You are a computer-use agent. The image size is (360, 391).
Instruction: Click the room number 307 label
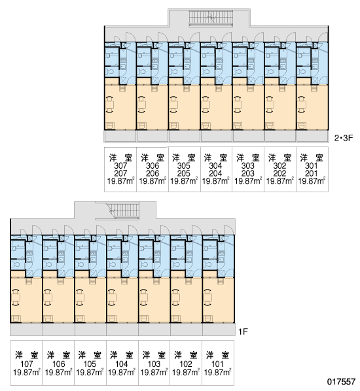pos(120,165)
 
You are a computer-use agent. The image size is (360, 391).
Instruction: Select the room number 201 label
pos(312,173)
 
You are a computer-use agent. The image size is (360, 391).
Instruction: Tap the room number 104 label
pos(122,364)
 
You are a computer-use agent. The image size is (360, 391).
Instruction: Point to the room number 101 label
pos(217,364)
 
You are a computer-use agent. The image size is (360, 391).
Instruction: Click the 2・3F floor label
pos(344,138)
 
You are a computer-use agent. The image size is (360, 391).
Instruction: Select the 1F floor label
pos(243,331)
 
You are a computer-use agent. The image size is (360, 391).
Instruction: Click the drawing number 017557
pos(341,382)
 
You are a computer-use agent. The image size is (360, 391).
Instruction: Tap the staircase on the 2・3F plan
pos(211,18)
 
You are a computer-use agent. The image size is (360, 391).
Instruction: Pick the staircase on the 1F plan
pos(122,211)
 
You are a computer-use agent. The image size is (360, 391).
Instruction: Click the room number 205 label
pos(184,173)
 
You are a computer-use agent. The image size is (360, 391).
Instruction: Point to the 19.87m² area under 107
pos(27,373)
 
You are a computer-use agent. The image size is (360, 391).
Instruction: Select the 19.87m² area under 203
pos(248,181)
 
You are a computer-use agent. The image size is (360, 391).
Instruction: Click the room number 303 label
pos(248,165)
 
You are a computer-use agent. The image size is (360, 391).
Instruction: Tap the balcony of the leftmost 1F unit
pos(26,330)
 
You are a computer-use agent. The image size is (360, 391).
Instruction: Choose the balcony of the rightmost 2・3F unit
pos(312,136)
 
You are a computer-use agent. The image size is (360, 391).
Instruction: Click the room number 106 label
pos(58,364)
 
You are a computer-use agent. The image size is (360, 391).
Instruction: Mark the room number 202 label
pos(280,173)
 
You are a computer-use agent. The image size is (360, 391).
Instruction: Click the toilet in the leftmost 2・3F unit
pos(109,72)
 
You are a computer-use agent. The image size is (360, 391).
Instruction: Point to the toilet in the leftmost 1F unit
pos(16,264)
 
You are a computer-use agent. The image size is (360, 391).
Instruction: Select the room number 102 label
pos(186,364)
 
